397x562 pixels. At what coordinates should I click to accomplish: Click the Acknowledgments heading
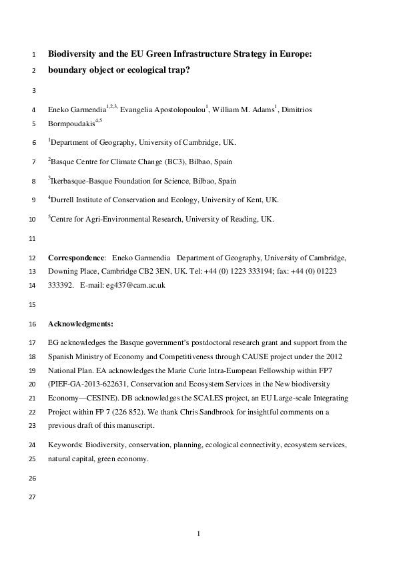click(81, 324)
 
